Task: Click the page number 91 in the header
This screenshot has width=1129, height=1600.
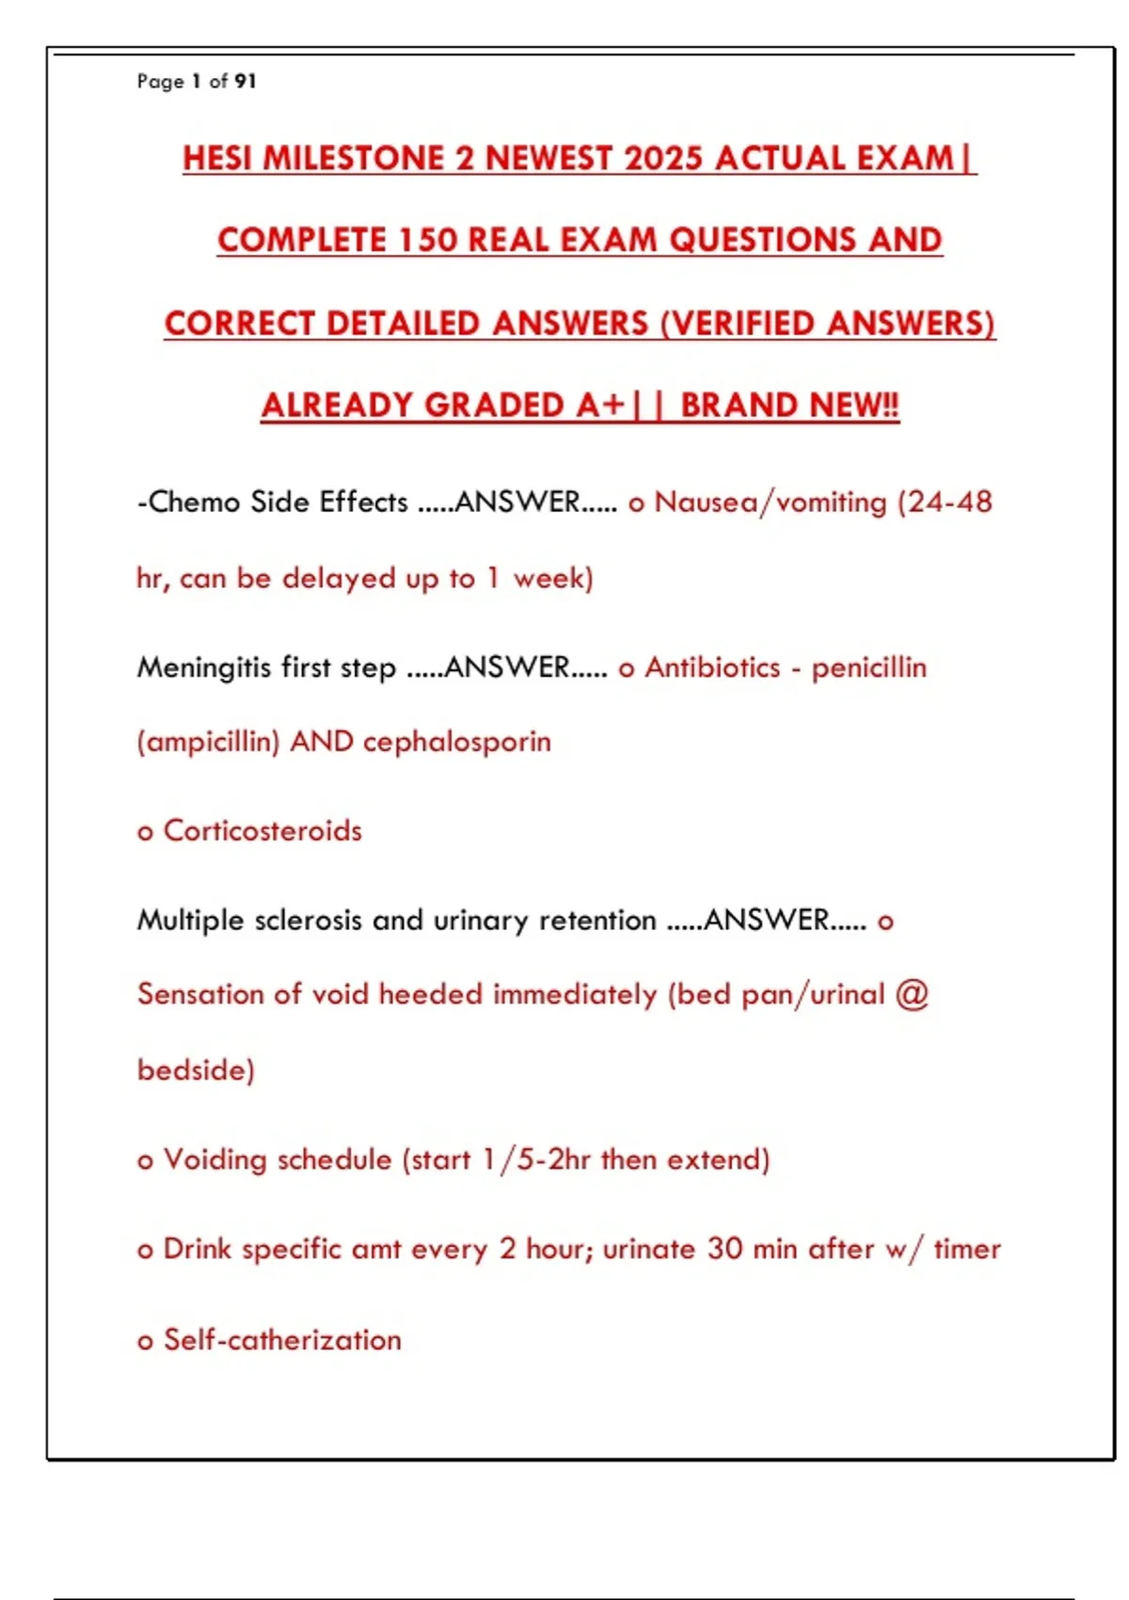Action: [245, 82]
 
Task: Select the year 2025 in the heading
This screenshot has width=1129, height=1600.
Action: [663, 158]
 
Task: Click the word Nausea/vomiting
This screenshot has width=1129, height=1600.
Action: [771, 502]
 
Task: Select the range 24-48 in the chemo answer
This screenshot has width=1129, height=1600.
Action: [950, 502]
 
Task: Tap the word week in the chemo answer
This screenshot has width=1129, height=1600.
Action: [549, 578]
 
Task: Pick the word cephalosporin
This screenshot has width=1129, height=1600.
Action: [456, 742]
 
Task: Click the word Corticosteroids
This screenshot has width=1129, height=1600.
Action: [262, 831]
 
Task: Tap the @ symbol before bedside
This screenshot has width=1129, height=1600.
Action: [912, 994]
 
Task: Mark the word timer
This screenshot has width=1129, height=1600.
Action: [967, 1249]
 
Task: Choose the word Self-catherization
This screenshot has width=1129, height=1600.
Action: [282, 1339]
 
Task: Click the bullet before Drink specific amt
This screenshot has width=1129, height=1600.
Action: [145, 1251]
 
